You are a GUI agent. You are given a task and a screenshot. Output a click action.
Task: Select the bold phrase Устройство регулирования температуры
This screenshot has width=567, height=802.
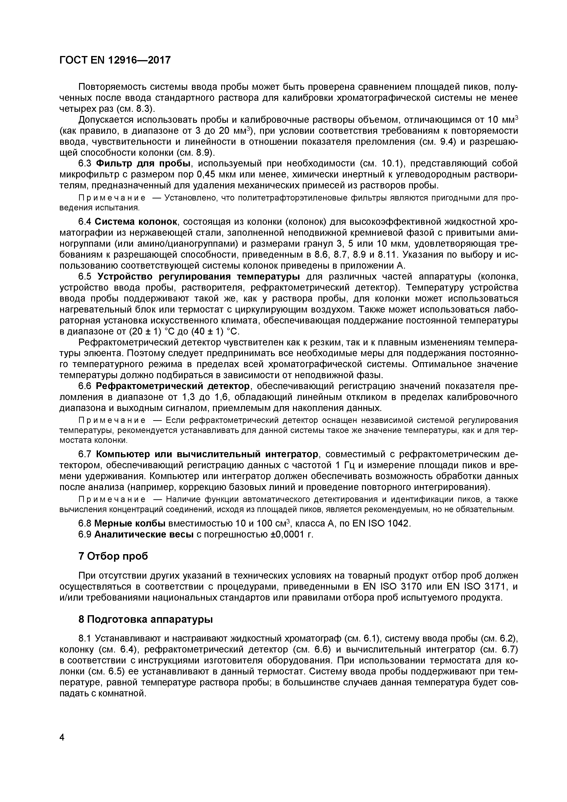(198, 277)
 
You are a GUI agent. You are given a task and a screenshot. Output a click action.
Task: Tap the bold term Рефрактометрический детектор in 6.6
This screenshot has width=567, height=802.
(173, 386)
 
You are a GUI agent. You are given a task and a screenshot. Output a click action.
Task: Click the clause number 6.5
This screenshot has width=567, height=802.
(85, 277)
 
